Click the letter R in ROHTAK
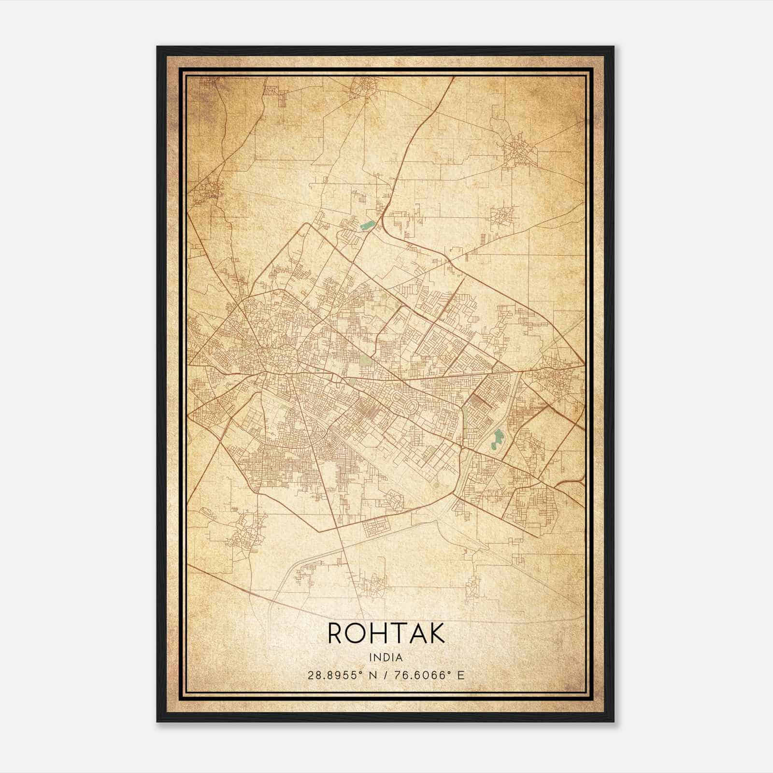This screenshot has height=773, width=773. [337, 633]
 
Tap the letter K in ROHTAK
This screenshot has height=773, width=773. [435, 633]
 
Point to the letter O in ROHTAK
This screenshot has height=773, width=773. [356, 633]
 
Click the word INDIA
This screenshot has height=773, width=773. [386, 657]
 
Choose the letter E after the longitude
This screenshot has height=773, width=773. [461, 675]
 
